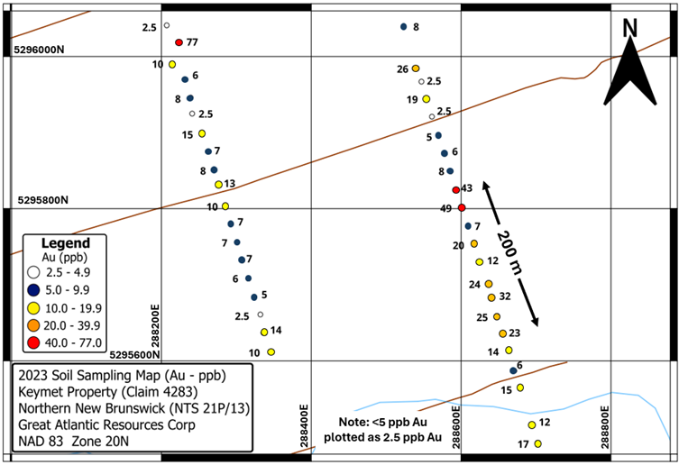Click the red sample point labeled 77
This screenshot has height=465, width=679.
click(179, 42)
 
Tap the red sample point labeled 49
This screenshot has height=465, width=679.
click(461, 208)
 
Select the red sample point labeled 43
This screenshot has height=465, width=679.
click(455, 189)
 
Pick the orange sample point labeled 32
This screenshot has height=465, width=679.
click(491, 296)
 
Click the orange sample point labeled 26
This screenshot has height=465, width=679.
click(416, 68)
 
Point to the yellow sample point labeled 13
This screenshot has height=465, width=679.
click(218, 184)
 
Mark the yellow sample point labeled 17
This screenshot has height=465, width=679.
click(537, 443)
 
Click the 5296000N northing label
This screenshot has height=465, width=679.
click(39, 50)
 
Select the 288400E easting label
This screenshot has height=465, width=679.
click(305, 417)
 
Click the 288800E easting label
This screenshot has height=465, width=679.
click(606, 417)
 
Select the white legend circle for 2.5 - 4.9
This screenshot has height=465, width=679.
click(33, 271)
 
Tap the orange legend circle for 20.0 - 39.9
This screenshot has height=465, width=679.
click(33, 324)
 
